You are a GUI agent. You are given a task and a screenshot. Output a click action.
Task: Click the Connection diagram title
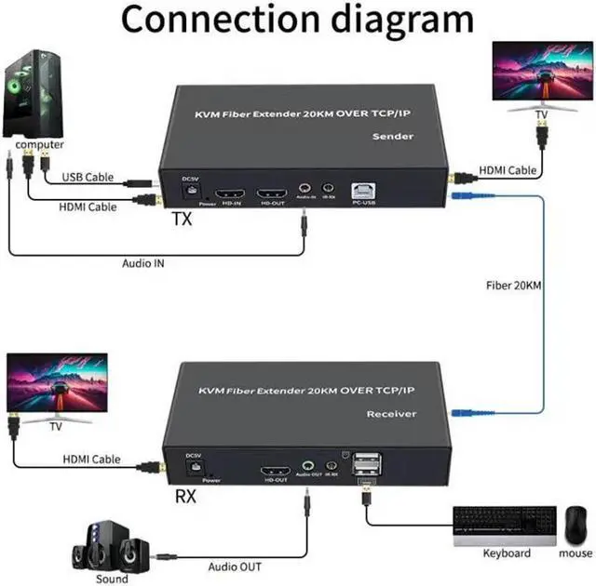(x=297, y=20)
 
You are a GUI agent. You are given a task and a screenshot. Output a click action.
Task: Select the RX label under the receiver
(x=186, y=497)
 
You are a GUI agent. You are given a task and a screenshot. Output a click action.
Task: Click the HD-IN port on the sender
(x=229, y=195)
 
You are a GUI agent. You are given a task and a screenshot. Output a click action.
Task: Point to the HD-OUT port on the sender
(x=271, y=195)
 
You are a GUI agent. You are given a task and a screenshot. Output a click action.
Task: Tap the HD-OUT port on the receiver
(x=277, y=469)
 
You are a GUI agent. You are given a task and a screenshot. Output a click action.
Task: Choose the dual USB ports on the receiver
(x=367, y=463)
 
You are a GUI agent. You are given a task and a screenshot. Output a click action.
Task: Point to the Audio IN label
(x=144, y=263)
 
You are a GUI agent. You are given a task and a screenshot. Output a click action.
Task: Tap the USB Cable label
(x=89, y=177)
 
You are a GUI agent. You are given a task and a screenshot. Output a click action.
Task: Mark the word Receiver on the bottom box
(x=391, y=413)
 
